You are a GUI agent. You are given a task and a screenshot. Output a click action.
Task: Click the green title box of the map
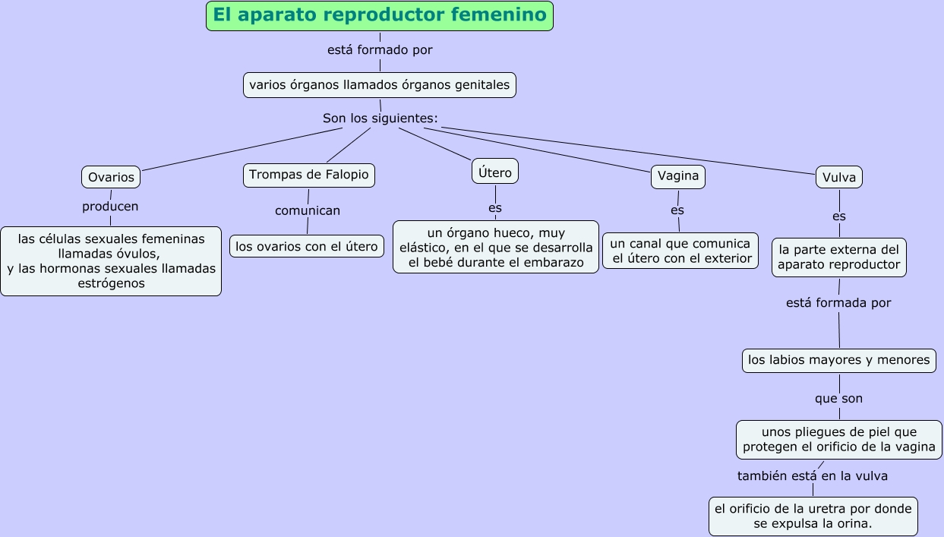tap(379, 16)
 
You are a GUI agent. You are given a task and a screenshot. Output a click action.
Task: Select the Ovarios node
tap(111, 177)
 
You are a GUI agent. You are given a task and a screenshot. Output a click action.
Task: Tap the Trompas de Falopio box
tap(309, 175)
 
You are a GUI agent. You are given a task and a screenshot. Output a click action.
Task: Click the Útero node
tap(495, 172)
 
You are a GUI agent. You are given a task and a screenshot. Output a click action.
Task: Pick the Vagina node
tap(678, 176)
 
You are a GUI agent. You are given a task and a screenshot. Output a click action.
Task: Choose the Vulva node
tap(839, 178)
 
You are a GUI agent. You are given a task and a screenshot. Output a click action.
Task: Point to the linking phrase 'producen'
tap(110, 207)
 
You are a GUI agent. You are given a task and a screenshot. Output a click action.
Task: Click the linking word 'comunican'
tap(308, 210)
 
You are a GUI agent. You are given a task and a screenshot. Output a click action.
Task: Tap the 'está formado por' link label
tap(380, 50)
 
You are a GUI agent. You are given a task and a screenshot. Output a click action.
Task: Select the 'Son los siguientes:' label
tap(380, 118)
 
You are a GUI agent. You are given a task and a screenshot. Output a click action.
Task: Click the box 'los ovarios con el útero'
tap(307, 246)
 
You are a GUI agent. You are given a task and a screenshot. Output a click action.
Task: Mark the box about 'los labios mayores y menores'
tap(838, 360)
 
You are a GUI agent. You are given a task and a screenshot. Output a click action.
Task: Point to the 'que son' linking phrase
tap(838, 399)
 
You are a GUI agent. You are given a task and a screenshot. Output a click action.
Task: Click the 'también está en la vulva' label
tap(812, 476)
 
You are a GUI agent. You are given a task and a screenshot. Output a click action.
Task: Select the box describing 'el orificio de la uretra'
tap(813, 516)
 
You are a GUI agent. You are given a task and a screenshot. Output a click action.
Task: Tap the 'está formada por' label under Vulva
tap(838, 303)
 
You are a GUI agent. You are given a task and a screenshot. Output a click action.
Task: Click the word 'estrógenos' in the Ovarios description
tap(111, 283)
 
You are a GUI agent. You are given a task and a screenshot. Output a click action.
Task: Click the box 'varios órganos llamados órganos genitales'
tap(380, 85)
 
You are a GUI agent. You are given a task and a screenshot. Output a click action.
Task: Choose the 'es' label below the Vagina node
tap(677, 210)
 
